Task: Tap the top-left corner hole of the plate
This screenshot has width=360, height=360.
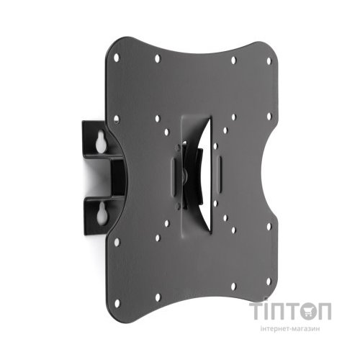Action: pyautogui.click(x=117, y=58)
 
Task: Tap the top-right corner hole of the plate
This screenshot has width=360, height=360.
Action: pyautogui.click(x=269, y=61)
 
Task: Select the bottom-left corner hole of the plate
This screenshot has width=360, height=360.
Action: pyautogui.click(x=117, y=303)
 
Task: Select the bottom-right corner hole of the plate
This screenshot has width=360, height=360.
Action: pyautogui.click(x=269, y=282)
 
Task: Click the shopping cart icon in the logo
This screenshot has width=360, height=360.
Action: pyautogui.click(x=307, y=312)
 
